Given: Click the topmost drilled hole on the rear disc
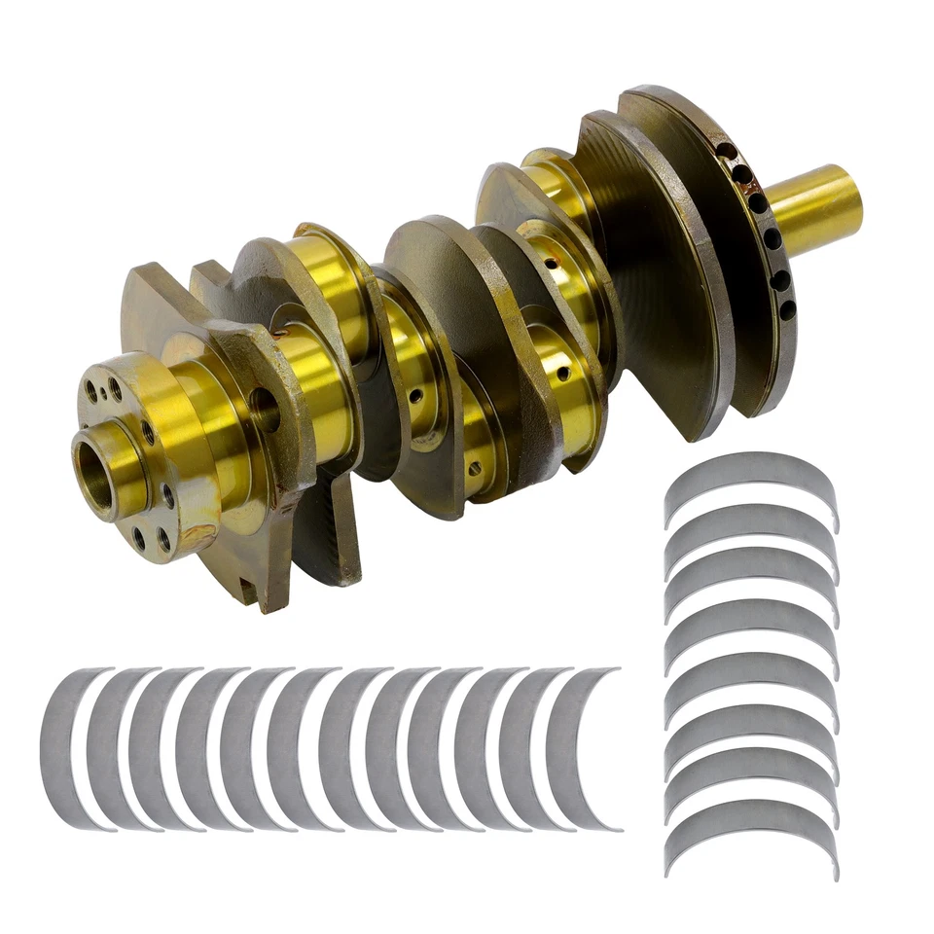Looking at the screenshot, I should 724,151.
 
